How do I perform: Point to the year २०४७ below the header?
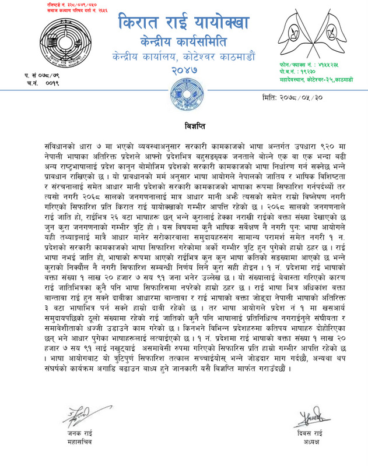pos(182,70)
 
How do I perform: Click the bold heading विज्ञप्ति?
pos(184,125)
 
